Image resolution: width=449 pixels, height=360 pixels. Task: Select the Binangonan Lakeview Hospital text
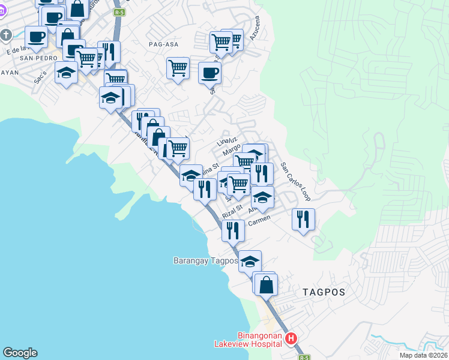coord(249,340)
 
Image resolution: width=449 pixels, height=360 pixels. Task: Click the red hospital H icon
coord(292,339)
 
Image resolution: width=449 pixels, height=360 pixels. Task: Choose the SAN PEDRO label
coord(34,58)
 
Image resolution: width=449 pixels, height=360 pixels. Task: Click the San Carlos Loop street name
coord(296,184)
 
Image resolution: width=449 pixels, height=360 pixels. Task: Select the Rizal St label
coord(231,211)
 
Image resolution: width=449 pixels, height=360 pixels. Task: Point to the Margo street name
coord(232,150)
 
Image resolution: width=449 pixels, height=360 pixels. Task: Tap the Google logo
coord(20,353)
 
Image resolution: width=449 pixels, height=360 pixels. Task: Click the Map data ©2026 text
coord(423,355)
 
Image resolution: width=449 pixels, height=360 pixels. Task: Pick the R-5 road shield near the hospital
coord(304,357)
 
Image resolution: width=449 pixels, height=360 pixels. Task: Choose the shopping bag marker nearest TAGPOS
coord(266,284)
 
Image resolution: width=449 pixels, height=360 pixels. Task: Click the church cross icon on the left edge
coord(5,35)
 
